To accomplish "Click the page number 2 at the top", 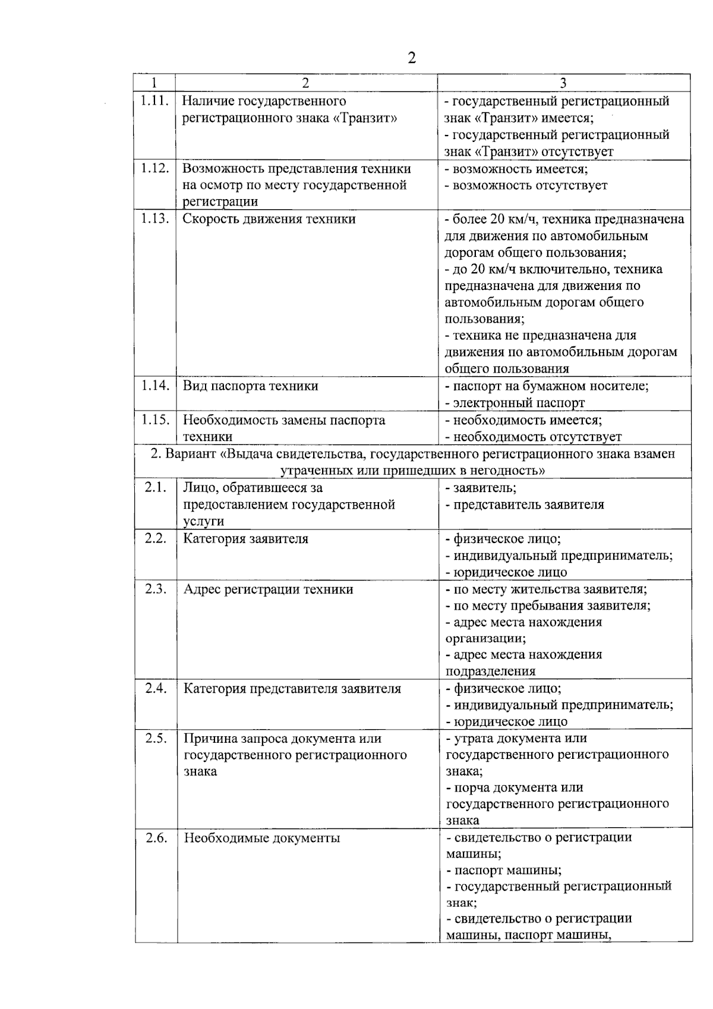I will point(411,58).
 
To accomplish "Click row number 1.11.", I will point(154,100).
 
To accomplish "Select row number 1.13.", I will point(154,219).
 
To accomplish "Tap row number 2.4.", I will point(156,689).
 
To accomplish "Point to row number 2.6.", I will point(156,838).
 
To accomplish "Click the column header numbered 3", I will point(563,83).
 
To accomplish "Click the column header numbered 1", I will point(154,83).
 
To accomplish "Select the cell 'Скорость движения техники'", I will point(269,219).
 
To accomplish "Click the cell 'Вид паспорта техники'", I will point(250,386).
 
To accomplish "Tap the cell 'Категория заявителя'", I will point(245,539).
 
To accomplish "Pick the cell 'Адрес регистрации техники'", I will point(268,589).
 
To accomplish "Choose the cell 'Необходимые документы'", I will point(261,838).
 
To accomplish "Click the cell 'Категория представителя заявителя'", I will point(292,689).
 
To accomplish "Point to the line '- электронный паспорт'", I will point(515,403).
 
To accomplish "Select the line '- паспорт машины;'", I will point(503,871).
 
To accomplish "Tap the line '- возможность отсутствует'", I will point(526,185).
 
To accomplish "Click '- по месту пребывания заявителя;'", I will point(547,606).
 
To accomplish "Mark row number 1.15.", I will point(154,420).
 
